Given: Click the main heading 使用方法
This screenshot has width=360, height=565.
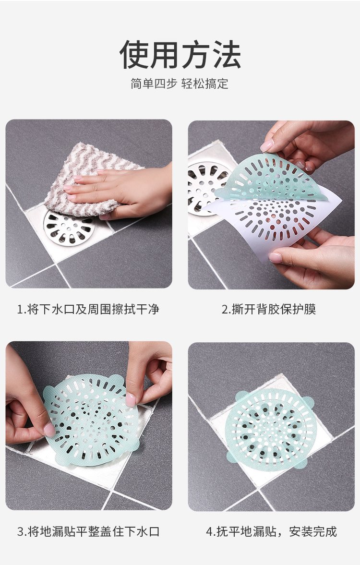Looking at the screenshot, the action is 180,55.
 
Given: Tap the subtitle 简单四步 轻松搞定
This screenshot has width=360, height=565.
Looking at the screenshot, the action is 180,84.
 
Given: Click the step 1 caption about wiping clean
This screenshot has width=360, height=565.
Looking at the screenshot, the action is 88,309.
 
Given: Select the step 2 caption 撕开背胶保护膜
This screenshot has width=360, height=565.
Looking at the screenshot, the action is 269,309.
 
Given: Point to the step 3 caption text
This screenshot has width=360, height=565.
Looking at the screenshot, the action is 88,531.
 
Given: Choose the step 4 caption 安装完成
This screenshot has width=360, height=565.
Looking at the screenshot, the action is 313,531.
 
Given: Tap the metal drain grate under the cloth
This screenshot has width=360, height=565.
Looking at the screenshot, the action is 69,228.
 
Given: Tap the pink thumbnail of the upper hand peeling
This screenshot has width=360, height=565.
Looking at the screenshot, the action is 267,145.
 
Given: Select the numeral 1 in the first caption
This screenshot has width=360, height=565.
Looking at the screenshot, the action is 20,310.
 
